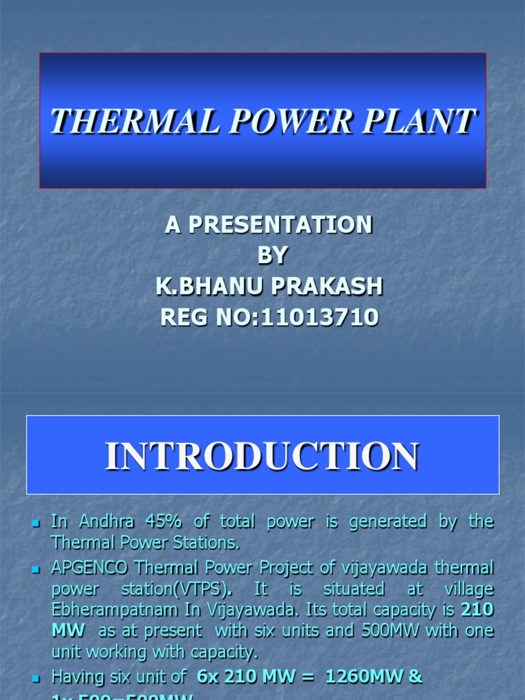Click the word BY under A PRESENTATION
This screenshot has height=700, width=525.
coord(272,256)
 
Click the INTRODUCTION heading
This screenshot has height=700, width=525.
coord(262,456)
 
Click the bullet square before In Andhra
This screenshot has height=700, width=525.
coord(38,523)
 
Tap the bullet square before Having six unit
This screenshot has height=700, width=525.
coord(38,677)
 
